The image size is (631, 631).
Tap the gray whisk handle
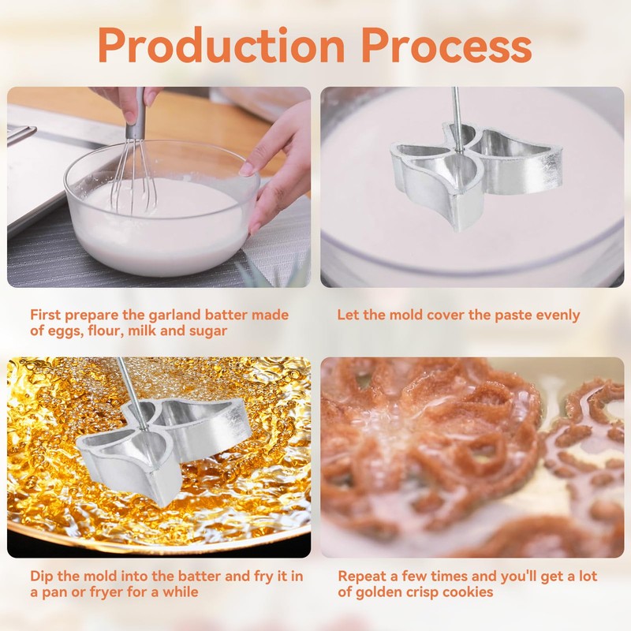135,114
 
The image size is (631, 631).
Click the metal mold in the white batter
475,173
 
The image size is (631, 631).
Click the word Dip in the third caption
42,577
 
